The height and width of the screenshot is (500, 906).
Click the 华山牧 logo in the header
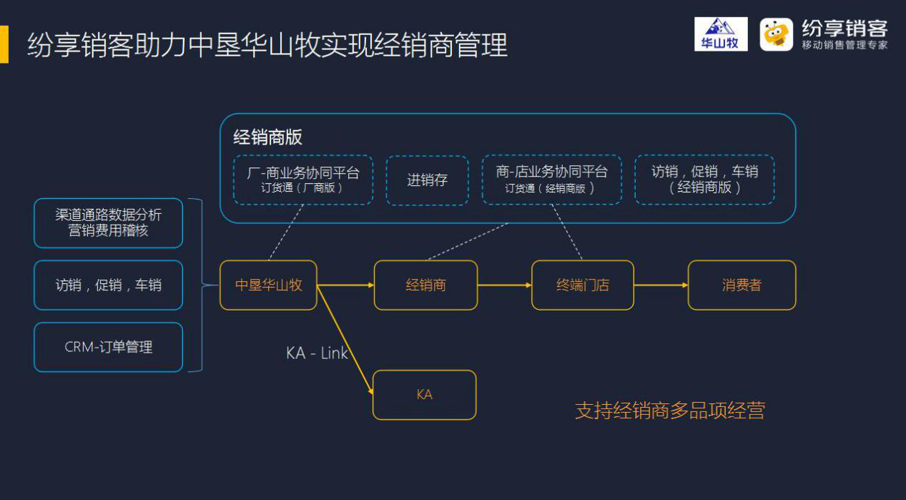tap(721, 34)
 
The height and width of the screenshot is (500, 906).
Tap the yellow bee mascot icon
tap(776, 34)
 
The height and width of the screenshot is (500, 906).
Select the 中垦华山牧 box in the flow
tap(268, 285)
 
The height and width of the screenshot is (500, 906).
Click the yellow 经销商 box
tap(425, 285)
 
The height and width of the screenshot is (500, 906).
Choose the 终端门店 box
tap(582, 285)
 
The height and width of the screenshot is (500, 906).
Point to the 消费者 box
tap(742, 285)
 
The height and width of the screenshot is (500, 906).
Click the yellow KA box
tap(424, 395)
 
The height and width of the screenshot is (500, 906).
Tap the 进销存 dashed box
tap(427, 180)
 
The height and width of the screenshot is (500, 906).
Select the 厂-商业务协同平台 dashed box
tap(303, 180)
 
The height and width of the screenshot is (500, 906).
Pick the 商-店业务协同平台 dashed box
tap(552, 180)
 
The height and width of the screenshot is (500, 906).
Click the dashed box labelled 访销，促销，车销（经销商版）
tap(704, 180)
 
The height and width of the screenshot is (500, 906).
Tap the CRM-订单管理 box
tap(109, 347)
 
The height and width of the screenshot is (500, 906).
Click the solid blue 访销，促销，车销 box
tap(109, 285)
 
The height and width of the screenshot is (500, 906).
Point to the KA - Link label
tap(317, 353)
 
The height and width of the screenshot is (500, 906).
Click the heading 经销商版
tap(267, 137)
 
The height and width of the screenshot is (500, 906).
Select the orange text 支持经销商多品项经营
tap(670, 411)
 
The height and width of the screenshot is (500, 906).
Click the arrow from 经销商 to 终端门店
tap(504, 285)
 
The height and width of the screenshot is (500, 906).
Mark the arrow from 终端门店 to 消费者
tap(661, 285)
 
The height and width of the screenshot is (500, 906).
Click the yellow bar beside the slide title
tap(4, 44)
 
